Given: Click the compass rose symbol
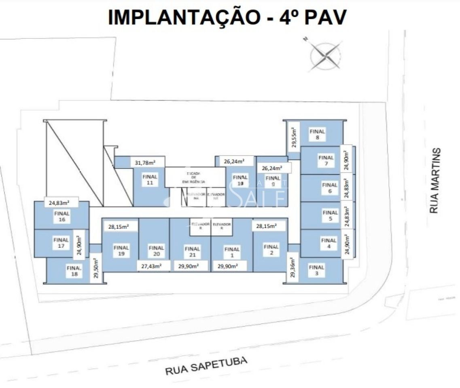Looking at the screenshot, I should click(x=325, y=55).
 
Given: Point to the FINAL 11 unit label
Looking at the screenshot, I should click(x=150, y=179).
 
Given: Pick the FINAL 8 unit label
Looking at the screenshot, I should click(x=317, y=134).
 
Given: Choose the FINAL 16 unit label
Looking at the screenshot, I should click(x=61, y=217).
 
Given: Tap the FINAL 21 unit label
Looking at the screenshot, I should click(x=192, y=252).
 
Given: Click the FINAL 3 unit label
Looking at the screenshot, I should click(x=316, y=270).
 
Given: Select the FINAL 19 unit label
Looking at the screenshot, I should click(x=121, y=251).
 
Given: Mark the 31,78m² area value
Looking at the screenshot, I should click(x=144, y=162).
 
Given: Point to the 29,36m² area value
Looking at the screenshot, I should click(x=293, y=268).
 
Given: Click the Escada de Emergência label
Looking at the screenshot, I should click(x=195, y=177).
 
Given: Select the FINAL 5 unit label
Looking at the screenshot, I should click(x=330, y=215).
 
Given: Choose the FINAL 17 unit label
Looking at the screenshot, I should click(x=61, y=242).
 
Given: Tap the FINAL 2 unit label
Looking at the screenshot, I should click(x=271, y=249).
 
